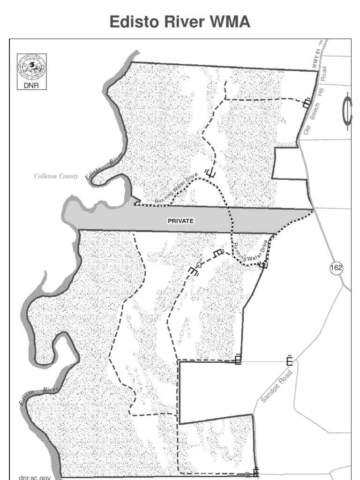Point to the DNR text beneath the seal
pos(29,85)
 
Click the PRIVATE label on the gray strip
pos(181,220)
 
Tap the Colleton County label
pos(56,176)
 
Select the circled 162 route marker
pos(336,268)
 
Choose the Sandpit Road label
pos(277,386)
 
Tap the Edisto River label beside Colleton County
pos(105,166)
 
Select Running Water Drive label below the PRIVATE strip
pos(251,251)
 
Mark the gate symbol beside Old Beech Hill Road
pos(307,103)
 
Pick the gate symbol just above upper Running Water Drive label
pos(210,173)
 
